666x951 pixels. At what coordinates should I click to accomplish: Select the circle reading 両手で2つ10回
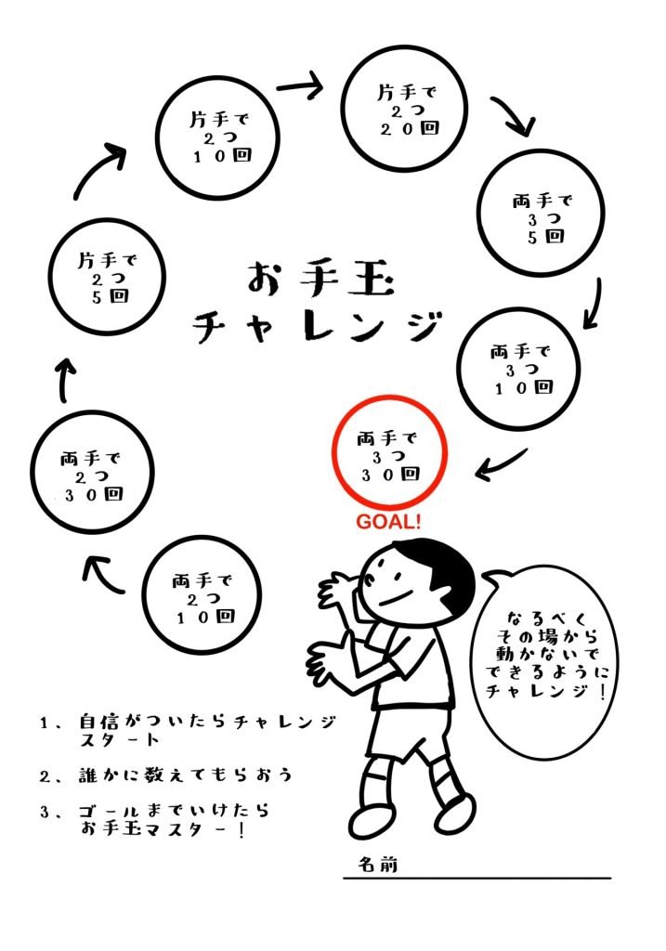click(205, 599)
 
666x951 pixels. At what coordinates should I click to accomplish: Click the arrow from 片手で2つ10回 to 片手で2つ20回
click(299, 87)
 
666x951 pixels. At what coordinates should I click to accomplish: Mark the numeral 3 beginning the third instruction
click(45, 812)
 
